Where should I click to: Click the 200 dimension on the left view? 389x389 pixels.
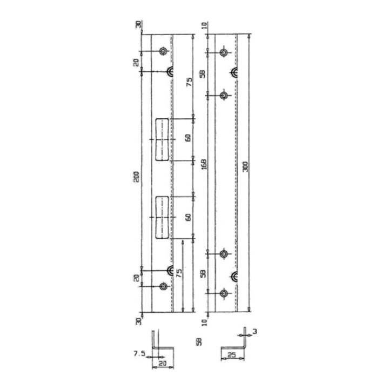tap(137, 176)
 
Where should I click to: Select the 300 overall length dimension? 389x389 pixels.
tap(245, 167)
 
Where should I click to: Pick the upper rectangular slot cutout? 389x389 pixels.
tap(162, 139)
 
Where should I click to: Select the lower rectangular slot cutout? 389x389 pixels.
tap(162, 217)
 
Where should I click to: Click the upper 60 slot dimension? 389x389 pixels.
tap(187, 137)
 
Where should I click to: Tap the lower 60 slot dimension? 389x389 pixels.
tap(187, 217)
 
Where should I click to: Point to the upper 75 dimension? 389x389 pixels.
tap(189, 82)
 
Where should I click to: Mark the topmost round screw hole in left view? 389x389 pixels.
tap(163, 51)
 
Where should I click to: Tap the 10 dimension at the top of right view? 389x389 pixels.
tap(203, 25)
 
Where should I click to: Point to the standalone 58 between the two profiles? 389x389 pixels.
tap(199, 342)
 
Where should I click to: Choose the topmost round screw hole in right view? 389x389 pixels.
tap(224, 53)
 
